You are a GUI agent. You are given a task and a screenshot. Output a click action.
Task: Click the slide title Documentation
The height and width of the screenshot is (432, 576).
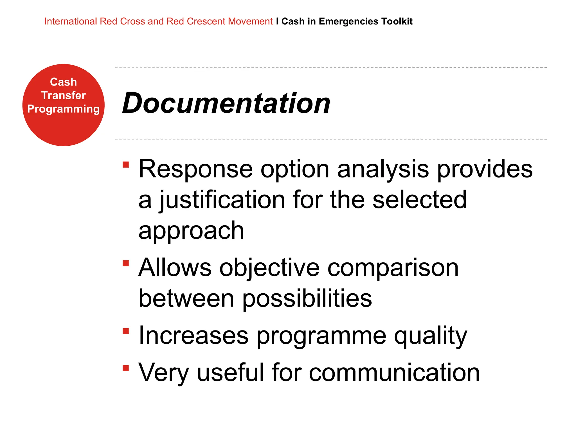(226, 103)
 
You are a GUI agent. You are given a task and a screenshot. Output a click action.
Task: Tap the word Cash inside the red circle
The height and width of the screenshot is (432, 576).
(63, 82)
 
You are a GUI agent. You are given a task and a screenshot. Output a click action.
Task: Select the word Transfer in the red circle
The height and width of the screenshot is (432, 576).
(63, 95)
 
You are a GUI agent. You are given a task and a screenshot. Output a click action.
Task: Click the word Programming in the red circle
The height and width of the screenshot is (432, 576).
(63, 109)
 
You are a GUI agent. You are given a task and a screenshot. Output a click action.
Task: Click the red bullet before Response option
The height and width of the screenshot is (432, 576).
(126, 165)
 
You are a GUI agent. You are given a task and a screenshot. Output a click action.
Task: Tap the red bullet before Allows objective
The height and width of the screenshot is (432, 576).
(126, 263)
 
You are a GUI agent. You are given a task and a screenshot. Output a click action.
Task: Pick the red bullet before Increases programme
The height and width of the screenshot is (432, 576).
(126, 331)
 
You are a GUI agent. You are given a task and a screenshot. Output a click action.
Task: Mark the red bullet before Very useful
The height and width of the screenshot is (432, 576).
(126, 368)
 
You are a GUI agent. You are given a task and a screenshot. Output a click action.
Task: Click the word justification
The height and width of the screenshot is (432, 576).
(222, 200)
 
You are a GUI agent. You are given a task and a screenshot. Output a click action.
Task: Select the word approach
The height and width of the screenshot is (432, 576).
(191, 231)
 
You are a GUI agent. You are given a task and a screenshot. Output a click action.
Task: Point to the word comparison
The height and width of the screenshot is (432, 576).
(393, 268)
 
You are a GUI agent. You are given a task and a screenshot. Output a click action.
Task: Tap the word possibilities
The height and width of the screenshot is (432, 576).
(307, 299)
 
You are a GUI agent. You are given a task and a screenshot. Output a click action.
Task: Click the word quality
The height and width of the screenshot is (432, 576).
(430, 336)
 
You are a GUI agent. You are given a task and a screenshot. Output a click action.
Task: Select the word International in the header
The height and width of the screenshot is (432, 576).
(70, 21)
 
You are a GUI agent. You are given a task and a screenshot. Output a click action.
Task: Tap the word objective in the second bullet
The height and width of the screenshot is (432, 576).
(269, 268)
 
